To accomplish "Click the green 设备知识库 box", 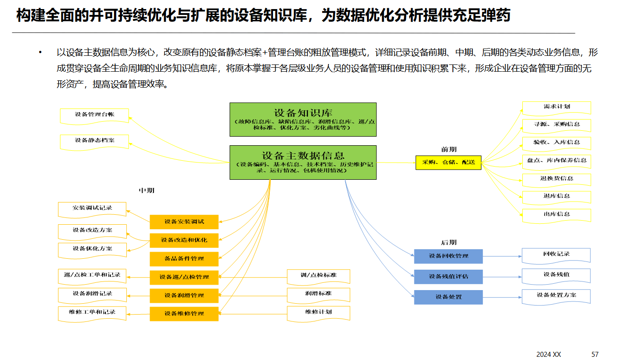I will (x=303, y=119).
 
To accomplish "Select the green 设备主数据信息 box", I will (x=303, y=162).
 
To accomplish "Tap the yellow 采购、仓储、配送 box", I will (x=448, y=162).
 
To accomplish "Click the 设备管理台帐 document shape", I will (x=94, y=115).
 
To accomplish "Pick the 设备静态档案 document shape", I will (x=94, y=141).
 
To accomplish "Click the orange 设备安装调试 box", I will (x=184, y=222).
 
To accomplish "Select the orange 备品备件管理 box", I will (x=184, y=259).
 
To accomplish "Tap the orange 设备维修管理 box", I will (x=184, y=314).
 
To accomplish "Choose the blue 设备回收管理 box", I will (x=448, y=256).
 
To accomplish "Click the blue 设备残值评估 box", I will (x=448, y=276).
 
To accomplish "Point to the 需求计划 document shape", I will (x=556, y=107).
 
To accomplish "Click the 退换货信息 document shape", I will (x=556, y=179).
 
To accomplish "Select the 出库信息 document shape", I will (x=556, y=215).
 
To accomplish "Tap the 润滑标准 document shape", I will (x=318, y=294).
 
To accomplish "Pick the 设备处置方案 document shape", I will (x=556, y=296).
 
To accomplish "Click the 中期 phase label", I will (x=146, y=191).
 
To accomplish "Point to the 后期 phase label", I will (x=448, y=242).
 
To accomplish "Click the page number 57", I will (x=595, y=354).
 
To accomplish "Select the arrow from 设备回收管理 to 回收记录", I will (x=502, y=256).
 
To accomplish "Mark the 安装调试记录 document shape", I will (x=92, y=209).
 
